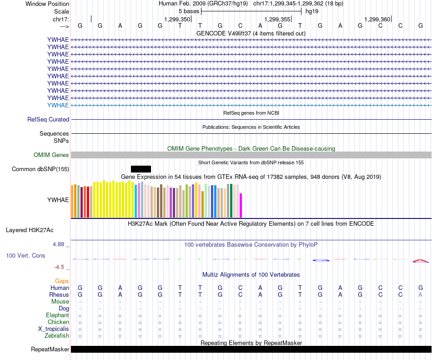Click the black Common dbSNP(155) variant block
[141, 169]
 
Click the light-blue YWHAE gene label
[58, 105]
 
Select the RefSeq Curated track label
[48, 119]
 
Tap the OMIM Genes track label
[51, 155]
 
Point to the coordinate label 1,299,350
[177, 19]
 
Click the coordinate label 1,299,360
[377, 19]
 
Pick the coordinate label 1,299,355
[277, 19]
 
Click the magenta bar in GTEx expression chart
[241, 206]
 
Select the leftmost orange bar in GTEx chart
[72, 201]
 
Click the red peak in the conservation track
[420, 261]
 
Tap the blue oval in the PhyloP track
[321, 260]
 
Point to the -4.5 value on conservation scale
[60, 267]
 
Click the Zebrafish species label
[57, 336]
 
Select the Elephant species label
[57, 315]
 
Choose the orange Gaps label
[62, 281]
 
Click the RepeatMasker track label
[50, 350]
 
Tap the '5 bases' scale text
[189, 11]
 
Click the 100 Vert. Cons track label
[25, 256]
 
